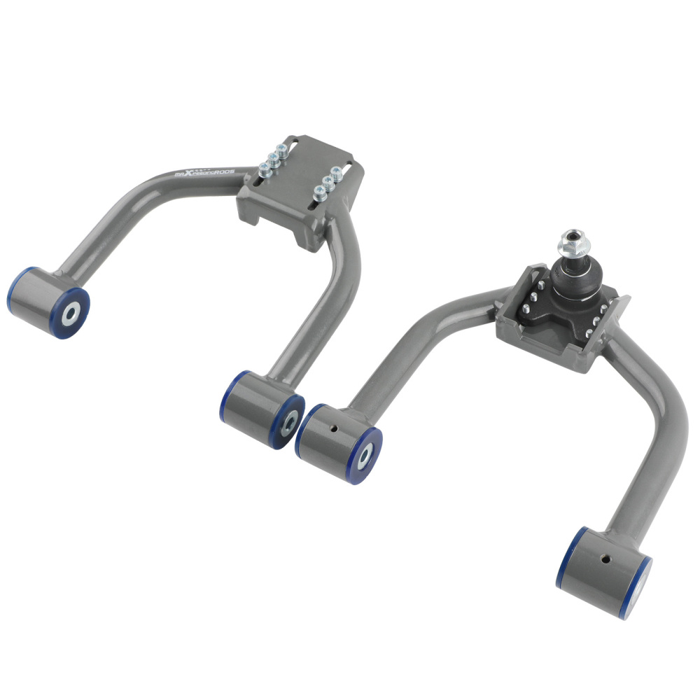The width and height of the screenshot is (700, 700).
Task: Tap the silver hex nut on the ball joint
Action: pos(575,245)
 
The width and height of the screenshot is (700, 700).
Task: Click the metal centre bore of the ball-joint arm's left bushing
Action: pos(365,455)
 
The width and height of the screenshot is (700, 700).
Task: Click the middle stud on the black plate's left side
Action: pos(532,296)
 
